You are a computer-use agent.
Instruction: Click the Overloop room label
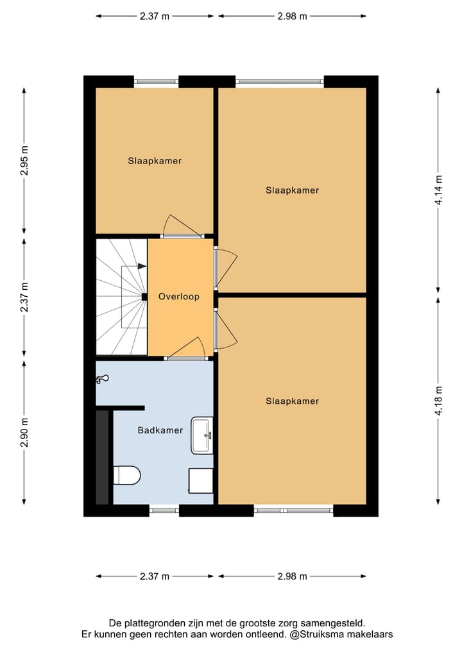point(179,297)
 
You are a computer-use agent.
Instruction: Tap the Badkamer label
point(160,430)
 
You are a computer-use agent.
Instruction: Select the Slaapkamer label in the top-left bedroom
point(155,161)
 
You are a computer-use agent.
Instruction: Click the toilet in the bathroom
point(126,476)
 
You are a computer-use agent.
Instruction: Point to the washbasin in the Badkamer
point(202,435)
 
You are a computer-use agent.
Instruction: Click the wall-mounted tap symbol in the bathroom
point(102,380)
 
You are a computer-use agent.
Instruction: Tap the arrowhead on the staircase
point(142,266)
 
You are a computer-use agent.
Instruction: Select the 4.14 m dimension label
point(439,190)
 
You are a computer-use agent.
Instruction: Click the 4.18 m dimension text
point(439,401)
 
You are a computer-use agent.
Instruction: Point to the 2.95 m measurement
point(24,161)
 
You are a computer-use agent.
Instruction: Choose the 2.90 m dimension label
point(24,433)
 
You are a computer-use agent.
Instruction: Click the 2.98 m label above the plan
point(292,17)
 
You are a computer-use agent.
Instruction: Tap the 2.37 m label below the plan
point(155,576)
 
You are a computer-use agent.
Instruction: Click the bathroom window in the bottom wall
point(164,510)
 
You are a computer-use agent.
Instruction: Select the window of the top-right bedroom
point(280,81)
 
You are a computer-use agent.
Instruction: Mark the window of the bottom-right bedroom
point(293,510)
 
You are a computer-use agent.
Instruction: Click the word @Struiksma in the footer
point(315,634)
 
